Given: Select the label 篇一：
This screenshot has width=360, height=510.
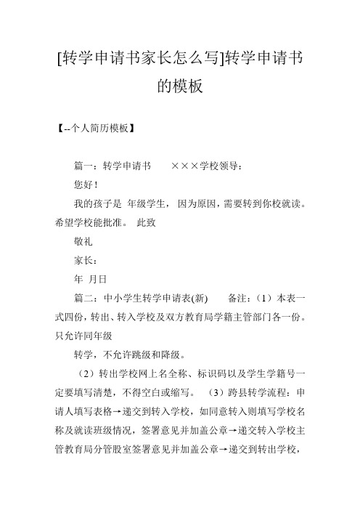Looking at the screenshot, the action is click(90, 166).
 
